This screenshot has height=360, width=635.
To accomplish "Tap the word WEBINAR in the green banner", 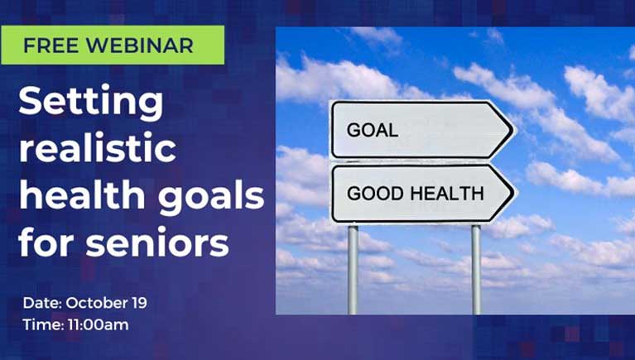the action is (x=140, y=46).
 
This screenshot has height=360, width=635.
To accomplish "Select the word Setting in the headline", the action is (x=91, y=102).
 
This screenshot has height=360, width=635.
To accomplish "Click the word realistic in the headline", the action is (x=98, y=147).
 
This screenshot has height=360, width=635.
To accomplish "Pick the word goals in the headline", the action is (x=211, y=196).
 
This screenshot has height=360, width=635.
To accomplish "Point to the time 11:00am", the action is (x=98, y=324).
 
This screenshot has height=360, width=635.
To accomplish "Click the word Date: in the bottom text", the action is (x=42, y=303).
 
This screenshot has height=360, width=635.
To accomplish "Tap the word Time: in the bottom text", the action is (x=43, y=324).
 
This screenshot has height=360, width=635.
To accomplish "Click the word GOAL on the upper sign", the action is (x=373, y=130).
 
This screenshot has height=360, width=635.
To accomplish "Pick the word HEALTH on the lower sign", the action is (x=447, y=194).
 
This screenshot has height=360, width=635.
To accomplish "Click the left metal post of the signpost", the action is (x=353, y=270).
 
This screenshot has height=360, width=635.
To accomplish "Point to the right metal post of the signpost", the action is (x=476, y=270).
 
